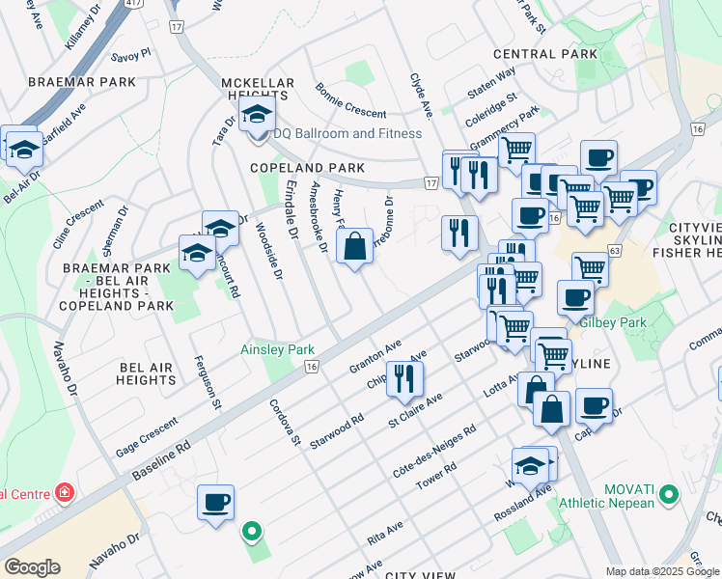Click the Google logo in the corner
(x=33, y=567)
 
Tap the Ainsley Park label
(x=278, y=348)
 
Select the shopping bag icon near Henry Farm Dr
(x=355, y=247)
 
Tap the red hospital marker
(x=64, y=494)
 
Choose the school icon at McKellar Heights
(x=257, y=117)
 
